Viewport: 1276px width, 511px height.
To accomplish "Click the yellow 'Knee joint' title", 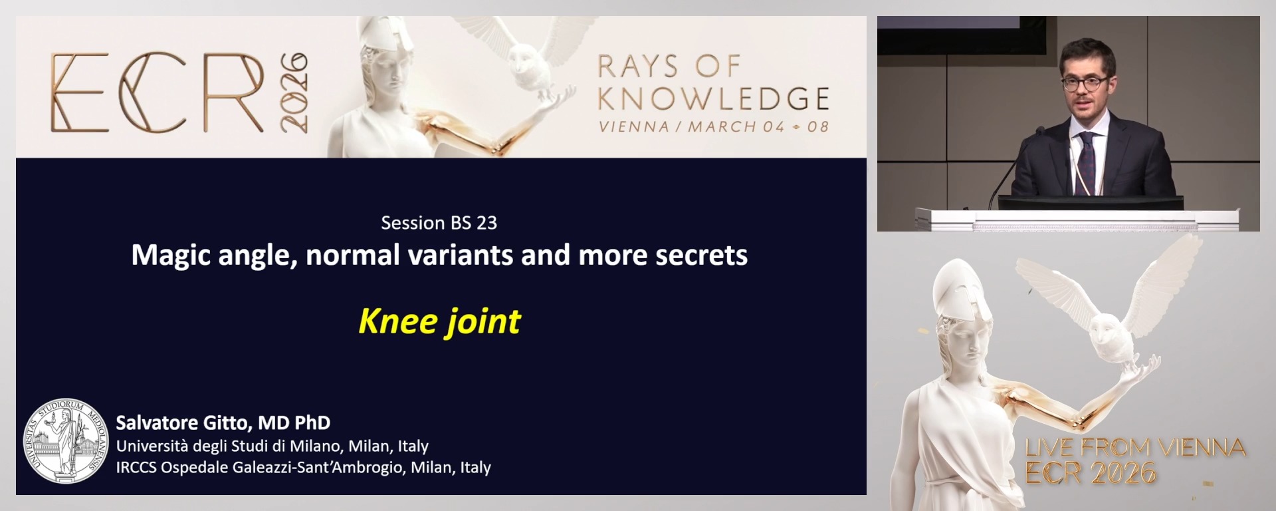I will point(439,321).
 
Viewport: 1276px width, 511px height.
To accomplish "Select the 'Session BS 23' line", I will point(439,223).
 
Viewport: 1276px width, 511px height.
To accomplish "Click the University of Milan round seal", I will point(66,440).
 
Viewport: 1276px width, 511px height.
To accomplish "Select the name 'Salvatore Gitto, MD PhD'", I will point(223,423).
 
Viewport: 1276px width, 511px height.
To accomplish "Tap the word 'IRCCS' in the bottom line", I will point(136,468).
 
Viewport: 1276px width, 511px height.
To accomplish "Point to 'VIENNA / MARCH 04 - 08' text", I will point(713,126).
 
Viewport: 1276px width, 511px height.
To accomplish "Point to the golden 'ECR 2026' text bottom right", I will point(1091,473).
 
